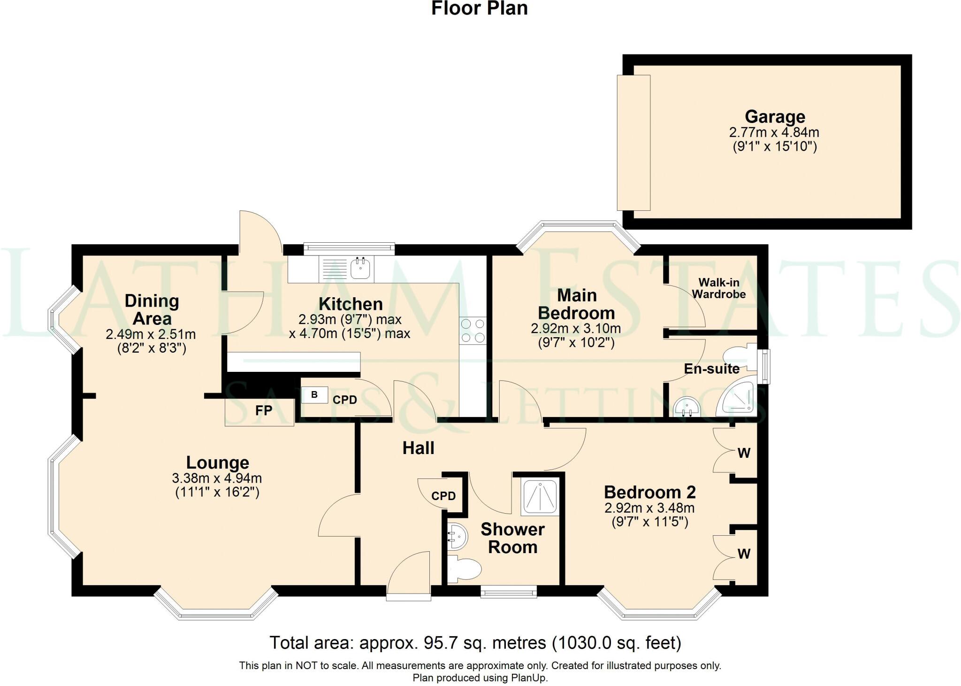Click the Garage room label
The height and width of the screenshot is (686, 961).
(775, 116)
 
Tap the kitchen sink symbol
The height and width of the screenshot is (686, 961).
(360, 269)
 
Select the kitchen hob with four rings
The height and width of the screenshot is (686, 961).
(473, 331)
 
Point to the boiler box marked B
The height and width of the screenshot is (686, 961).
(314, 395)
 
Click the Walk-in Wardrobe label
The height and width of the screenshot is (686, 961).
(718, 288)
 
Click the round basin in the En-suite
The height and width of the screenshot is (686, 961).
(686, 408)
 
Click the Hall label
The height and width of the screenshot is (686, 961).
(418, 448)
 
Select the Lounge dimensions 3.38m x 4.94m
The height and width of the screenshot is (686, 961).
(217, 478)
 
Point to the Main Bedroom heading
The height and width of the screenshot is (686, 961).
(576, 304)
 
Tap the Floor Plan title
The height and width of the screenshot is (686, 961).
(479, 8)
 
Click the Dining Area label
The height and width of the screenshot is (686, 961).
(152, 309)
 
